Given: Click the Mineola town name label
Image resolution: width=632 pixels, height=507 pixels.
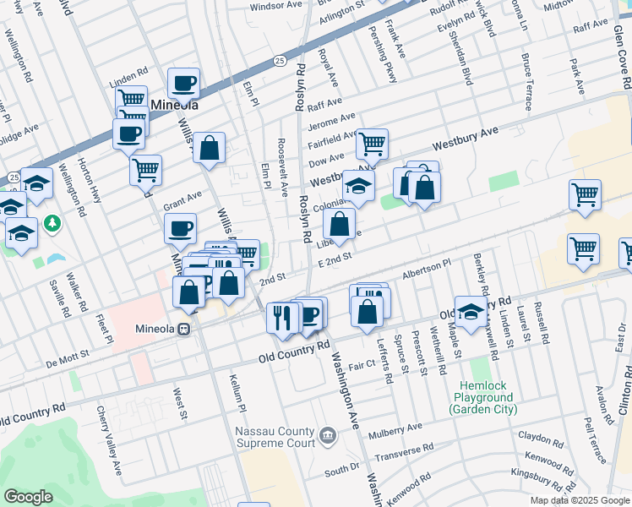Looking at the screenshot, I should [174, 106].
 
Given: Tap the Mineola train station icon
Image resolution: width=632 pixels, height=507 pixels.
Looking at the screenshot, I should [183, 329].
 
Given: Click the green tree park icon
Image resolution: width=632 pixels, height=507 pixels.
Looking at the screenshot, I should [53, 223].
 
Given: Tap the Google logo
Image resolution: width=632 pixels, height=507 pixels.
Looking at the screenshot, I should [29, 497].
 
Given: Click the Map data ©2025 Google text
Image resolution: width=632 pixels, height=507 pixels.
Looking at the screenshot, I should [579, 500].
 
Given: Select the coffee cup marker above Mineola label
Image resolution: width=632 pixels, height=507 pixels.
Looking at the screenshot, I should [183, 84].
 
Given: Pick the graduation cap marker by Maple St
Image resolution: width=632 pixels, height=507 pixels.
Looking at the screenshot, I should [471, 310].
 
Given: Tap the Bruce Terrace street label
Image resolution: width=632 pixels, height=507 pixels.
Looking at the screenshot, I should [527, 82].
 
